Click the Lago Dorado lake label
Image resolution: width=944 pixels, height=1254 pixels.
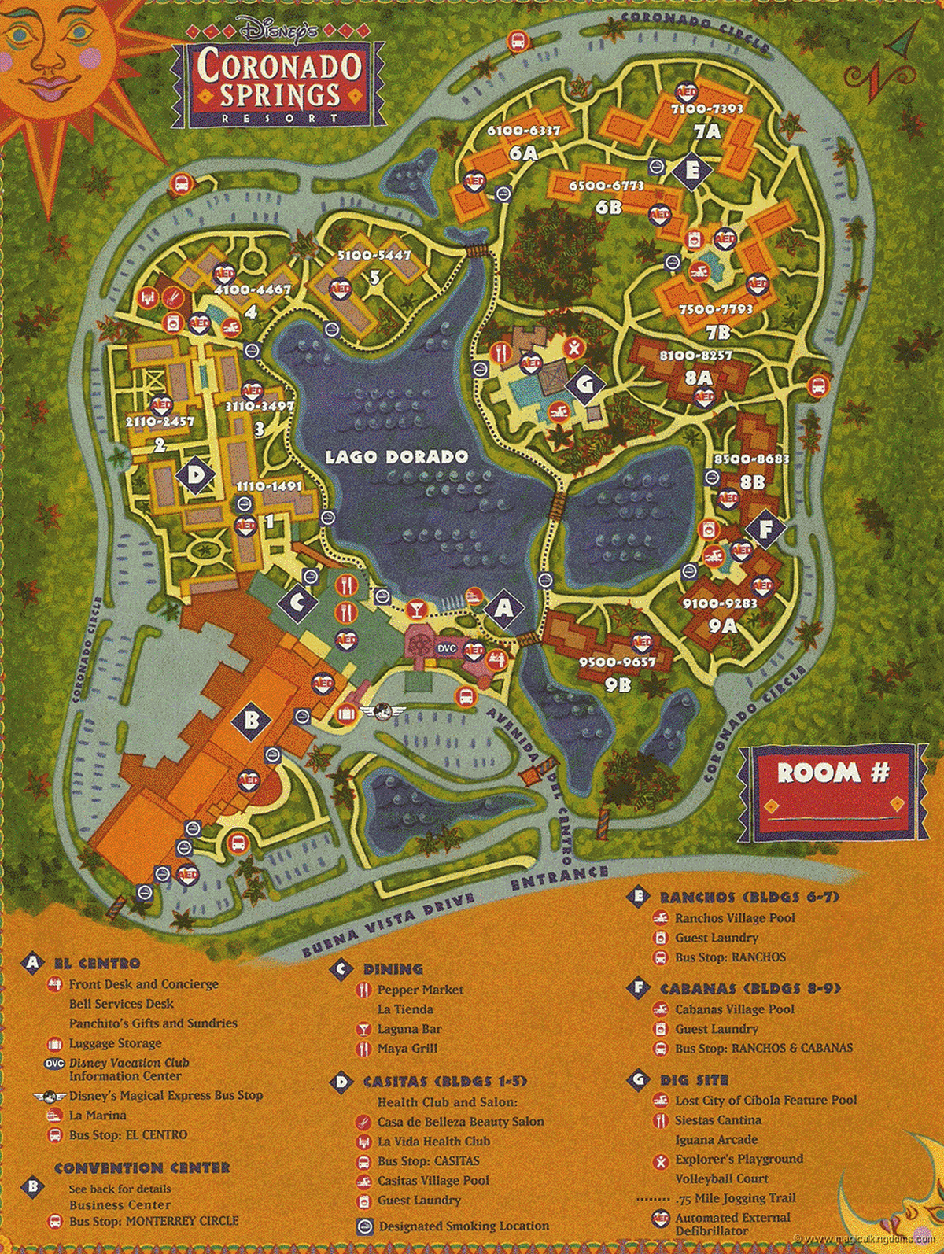coord(396,457)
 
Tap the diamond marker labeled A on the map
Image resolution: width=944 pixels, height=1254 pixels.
coord(504,608)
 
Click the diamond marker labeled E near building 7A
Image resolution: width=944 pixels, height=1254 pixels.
coord(692,170)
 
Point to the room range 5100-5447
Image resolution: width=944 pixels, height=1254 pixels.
coord(374,256)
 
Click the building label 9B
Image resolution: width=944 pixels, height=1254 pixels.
coord(618,685)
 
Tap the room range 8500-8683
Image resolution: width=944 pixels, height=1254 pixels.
coord(751,459)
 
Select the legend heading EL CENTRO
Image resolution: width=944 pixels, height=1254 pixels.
coord(97,964)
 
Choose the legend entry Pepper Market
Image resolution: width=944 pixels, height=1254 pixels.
coord(420,990)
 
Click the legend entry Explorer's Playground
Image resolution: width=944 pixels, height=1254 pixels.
coord(739,1159)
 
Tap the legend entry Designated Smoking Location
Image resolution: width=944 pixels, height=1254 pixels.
coord(463,1226)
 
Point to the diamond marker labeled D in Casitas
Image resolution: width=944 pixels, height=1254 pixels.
coord(194,475)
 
